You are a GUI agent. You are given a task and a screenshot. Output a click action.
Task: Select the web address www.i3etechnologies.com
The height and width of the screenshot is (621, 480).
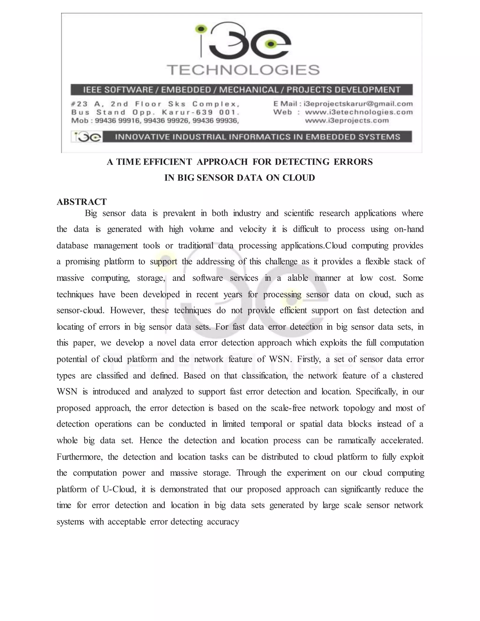click(x=359, y=112)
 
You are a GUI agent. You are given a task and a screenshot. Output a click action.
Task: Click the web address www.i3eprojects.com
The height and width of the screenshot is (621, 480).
click(x=347, y=120)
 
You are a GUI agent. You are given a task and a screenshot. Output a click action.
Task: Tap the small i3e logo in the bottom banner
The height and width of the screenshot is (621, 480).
click(x=86, y=137)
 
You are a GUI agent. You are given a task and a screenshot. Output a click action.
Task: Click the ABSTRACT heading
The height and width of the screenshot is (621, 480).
click(x=82, y=202)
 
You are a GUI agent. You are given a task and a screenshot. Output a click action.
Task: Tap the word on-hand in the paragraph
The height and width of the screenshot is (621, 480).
click(x=409, y=229)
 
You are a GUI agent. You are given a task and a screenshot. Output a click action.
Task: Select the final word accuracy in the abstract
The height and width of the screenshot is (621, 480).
click(x=223, y=522)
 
